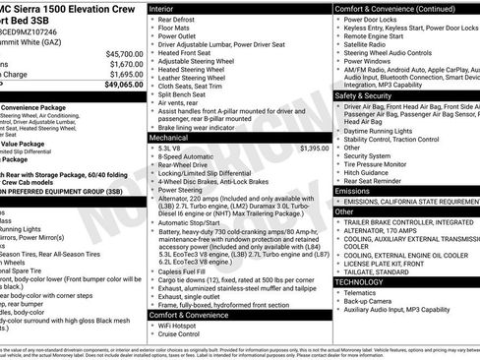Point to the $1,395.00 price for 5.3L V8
tap(314, 148)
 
